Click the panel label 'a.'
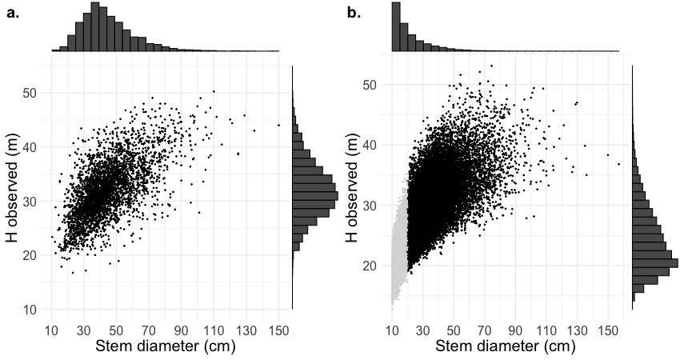point(13,13)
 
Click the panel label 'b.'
point(353,13)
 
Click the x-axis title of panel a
point(165,347)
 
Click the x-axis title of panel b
point(504,347)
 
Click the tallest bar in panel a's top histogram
point(95,27)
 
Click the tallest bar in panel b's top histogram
point(396,27)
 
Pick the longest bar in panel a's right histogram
point(315,195)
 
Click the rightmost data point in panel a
point(278,125)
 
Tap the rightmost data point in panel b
point(618,165)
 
